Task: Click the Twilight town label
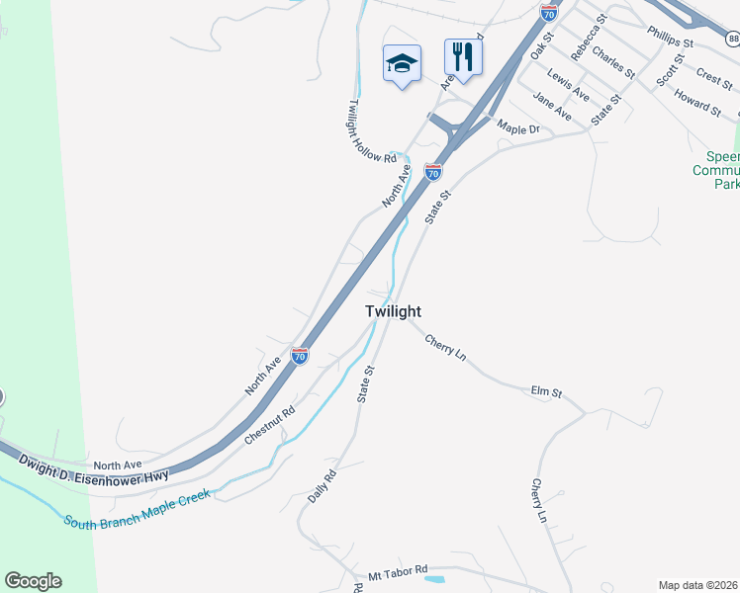tap(393, 310)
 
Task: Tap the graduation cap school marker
tap(402, 63)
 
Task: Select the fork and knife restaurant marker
tap(462, 58)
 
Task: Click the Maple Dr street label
tap(518, 128)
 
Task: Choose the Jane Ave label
tap(552, 106)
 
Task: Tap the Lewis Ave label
tap(569, 87)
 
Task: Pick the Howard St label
tap(697, 102)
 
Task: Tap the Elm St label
tap(546, 392)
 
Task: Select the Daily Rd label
tap(323, 485)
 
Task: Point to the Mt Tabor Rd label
tap(398, 571)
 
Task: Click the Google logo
tap(33, 581)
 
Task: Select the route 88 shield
tap(731, 39)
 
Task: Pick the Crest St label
tap(713, 74)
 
